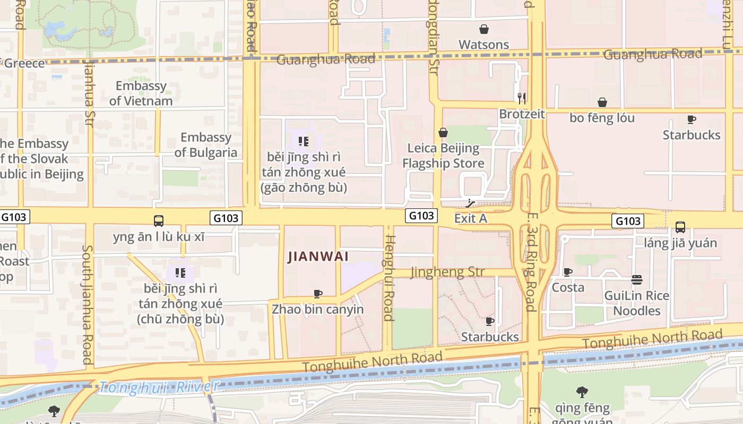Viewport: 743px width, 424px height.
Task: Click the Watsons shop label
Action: pyautogui.click(x=483, y=45)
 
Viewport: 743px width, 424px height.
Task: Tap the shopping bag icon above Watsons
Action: pyautogui.click(x=483, y=29)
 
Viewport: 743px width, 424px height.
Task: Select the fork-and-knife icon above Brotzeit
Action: pyautogui.click(x=521, y=98)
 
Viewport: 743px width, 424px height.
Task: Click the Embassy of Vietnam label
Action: pyautogui.click(x=141, y=93)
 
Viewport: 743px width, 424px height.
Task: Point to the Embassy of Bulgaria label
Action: pyautogui.click(x=206, y=145)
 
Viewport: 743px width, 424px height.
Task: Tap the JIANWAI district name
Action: pyautogui.click(x=318, y=257)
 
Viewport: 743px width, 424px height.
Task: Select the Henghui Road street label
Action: pyautogui.click(x=389, y=278)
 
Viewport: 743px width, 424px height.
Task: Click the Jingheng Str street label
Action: pyautogui.click(x=447, y=272)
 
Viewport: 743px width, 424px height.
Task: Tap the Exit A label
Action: pyautogui.click(x=470, y=218)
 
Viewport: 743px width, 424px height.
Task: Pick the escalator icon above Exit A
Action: pyautogui.click(x=470, y=202)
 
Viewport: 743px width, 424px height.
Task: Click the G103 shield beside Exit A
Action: pyautogui.click(x=422, y=216)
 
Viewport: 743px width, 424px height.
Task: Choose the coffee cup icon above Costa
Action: pyautogui.click(x=567, y=272)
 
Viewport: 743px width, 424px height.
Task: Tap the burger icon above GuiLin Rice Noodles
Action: pyautogui.click(x=637, y=280)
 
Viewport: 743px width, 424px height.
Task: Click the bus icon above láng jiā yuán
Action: pyautogui.click(x=680, y=227)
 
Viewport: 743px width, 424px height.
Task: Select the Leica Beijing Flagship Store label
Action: pyautogui.click(x=443, y=155)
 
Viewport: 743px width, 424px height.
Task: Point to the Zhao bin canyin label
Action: pyautogui.click(x=317, y=309)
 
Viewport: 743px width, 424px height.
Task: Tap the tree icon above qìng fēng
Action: pyautogui.click(x=582, y=393)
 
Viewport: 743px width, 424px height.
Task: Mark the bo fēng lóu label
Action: pyautogui.click(x=602, y=118)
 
